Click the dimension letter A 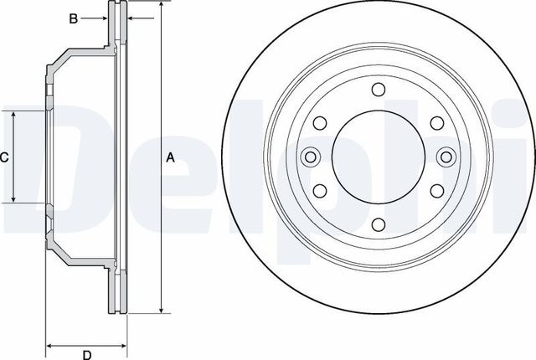click(x=171, y=157)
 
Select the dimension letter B click(x=73, y=18)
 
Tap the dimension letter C click(x=4, y=157)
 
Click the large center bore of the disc click(x=377, y=157)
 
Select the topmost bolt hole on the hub click(x=377, y=90)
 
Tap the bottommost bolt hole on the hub click(x=377, y=223)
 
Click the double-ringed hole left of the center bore click(x=310, y=157)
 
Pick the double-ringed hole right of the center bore click(x=445, y=157)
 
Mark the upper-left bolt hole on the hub click(x=319, y=124)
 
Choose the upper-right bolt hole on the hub click(x=435, y=124)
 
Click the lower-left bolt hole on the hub click(x=319, y=189)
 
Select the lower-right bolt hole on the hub click(x=435, y=189)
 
